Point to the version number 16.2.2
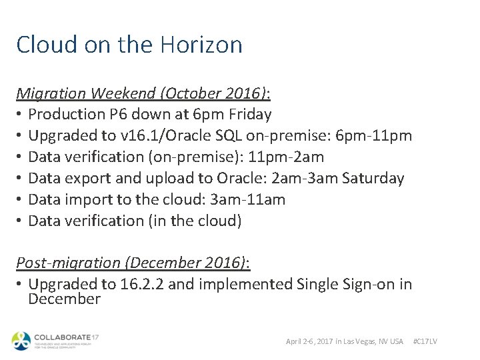coord(144,285)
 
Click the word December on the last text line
coord(64,299)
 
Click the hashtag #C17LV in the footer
coord(425,341)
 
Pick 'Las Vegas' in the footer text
coord(362,341)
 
